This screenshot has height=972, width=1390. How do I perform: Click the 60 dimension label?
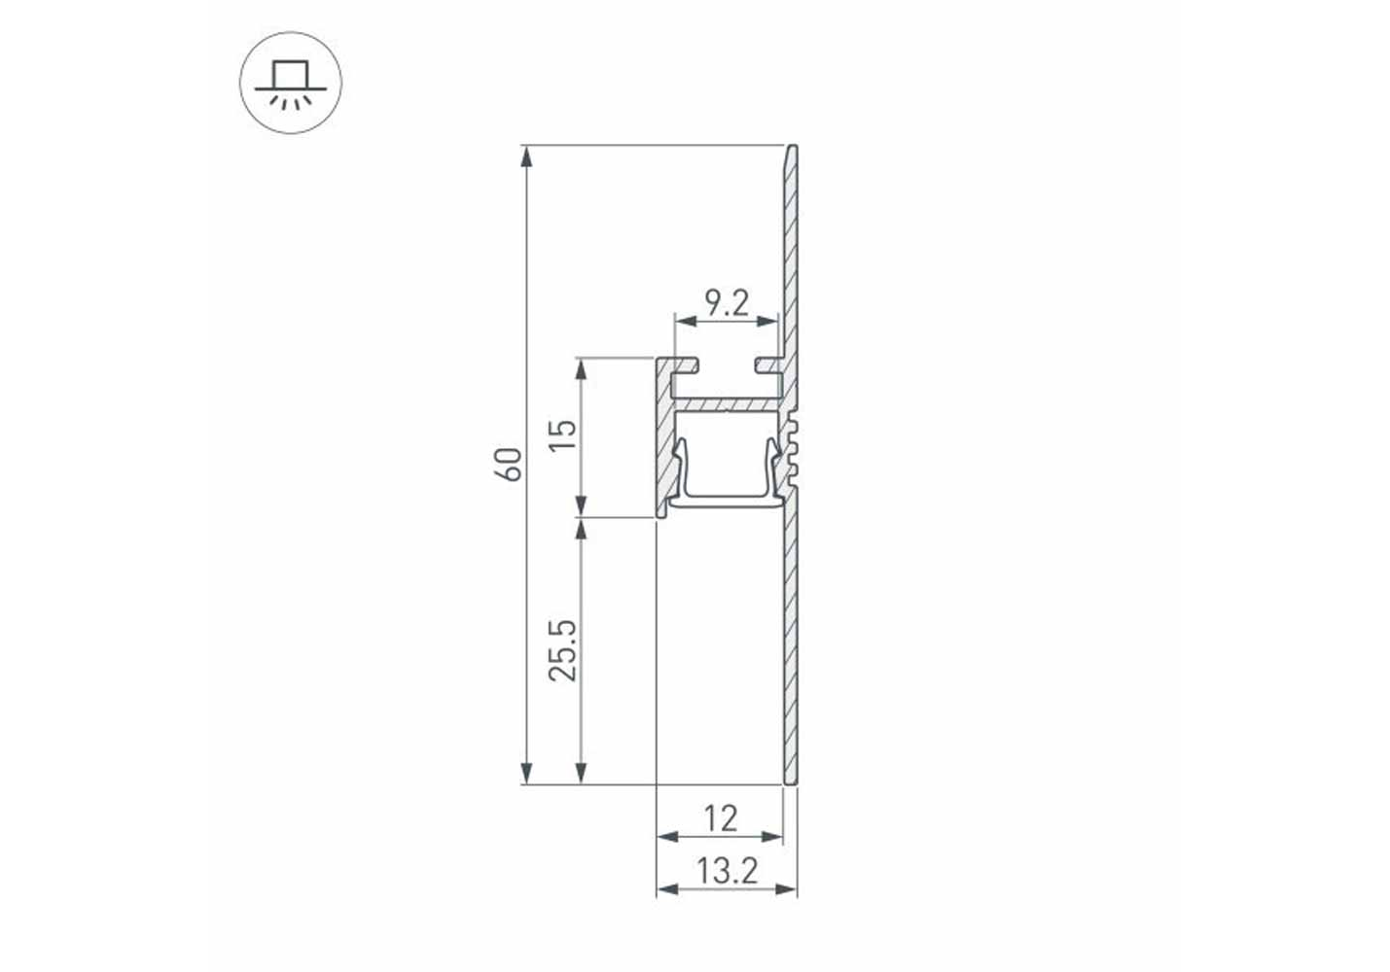508,465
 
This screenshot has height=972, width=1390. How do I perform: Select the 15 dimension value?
563,435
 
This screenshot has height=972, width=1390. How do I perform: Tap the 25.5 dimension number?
563,650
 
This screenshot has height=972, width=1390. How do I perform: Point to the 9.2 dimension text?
728,303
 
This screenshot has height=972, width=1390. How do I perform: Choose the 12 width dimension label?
721,818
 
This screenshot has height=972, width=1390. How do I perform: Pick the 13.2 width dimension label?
728,871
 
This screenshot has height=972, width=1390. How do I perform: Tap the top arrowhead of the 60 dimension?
527,156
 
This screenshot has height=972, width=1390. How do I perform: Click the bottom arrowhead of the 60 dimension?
527,773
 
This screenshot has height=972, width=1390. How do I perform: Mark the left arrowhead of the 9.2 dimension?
686,321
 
